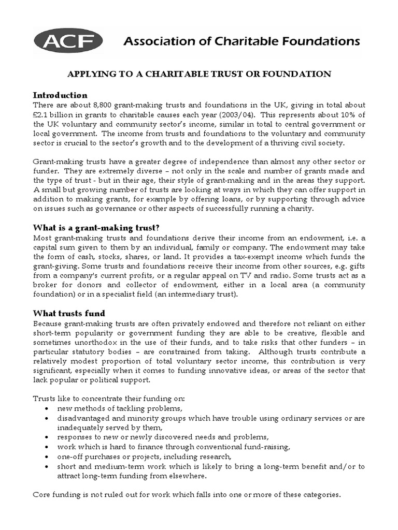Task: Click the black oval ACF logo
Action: (68, 41)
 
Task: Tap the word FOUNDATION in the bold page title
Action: (302, 74)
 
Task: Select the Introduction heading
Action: (60, 95)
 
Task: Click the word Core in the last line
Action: (43, 494)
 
